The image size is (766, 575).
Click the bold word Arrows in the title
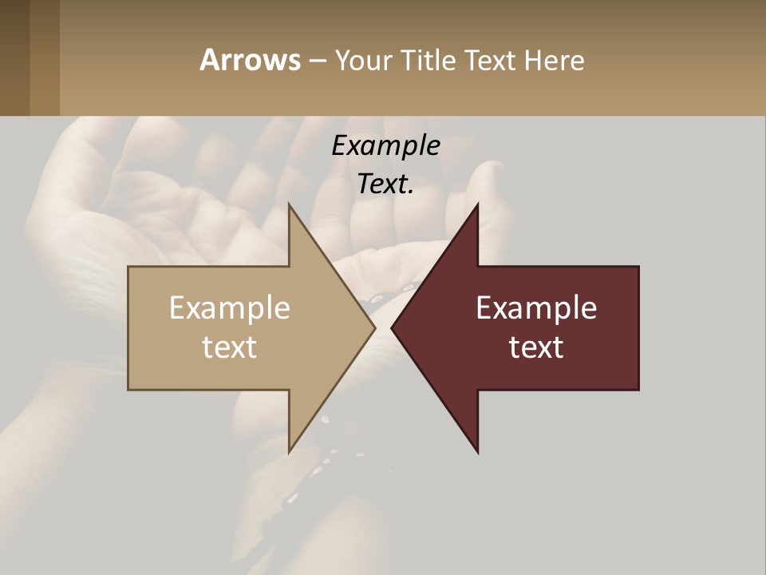coord(250,60)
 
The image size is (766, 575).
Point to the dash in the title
coord(317,61)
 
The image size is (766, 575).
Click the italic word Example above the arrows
coord(385,145)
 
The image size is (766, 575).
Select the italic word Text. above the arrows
coord(385,184)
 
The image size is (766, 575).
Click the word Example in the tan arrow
coord(229,307)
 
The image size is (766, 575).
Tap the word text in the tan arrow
coord(229,347)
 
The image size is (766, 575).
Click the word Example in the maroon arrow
coord(536,307)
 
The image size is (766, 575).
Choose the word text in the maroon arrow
coord(536,347)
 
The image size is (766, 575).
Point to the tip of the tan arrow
coord(373,327)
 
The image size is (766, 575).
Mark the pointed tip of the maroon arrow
coord(393,327)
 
